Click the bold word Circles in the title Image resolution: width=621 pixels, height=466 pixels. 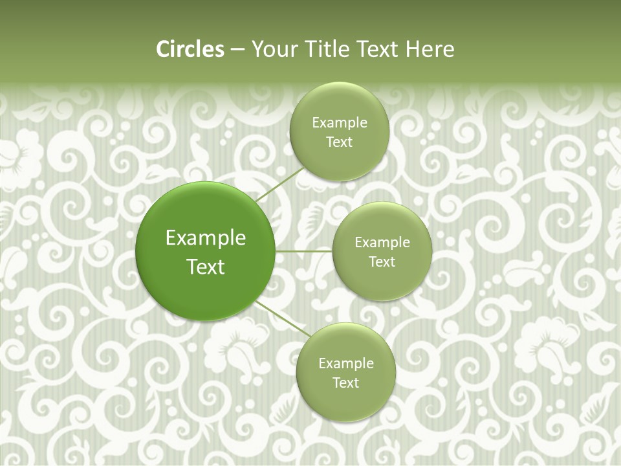pyautogui.click(x=190, y=49)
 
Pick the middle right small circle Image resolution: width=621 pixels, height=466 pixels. pyautogui.click(x=382, y=223)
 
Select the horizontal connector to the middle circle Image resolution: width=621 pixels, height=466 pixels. pyautogui.click(x=303, y=251)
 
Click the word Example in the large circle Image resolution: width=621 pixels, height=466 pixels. pyautogui.click(x=206, y=238)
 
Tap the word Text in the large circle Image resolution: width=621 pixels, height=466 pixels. pyautogui.click(x=206, y=267)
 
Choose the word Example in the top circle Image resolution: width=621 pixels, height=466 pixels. pyautogui.click(x=340, y=123)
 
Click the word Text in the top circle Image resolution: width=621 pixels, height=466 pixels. pyautogui.click(x=339, y=142)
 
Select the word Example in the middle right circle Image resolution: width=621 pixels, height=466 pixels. pyautogui.click(x=382, y=243)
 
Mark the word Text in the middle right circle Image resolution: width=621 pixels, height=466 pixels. pyautogui.click(x=382, y=261)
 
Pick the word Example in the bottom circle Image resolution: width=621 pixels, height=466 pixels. pyautogui.click(x=346, y=364)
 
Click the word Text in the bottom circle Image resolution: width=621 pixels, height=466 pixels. pyautogui.click(x=345, y=383)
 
